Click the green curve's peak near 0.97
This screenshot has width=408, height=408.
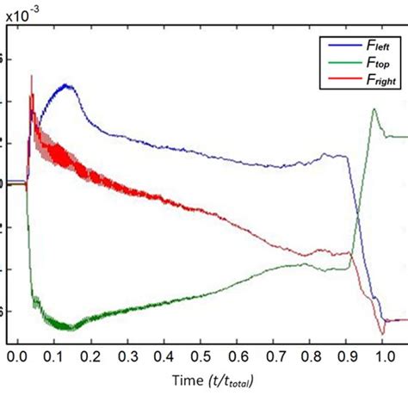[374, 108]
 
